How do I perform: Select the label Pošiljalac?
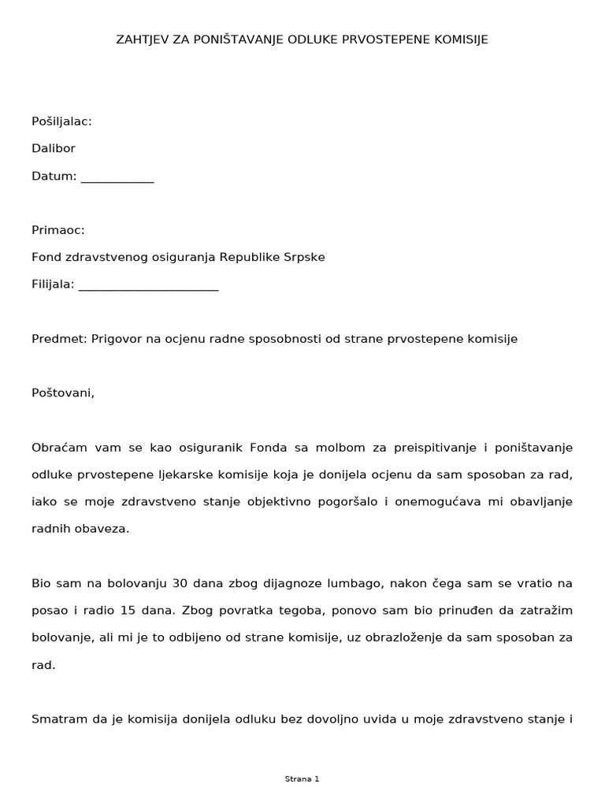click(x=61, y=121)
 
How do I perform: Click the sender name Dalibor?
click(x=54, y=148)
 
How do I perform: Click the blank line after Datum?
click(x=117, y=177)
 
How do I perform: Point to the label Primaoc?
click(x=58, y=230)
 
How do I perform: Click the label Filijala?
click(x=53, y=284)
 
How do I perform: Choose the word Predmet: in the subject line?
click(x=60, y=339)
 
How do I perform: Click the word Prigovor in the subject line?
click(x=116, y=339)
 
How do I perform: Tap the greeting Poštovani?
click(x=62, y=392)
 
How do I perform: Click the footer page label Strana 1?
click(x=302, y=779)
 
